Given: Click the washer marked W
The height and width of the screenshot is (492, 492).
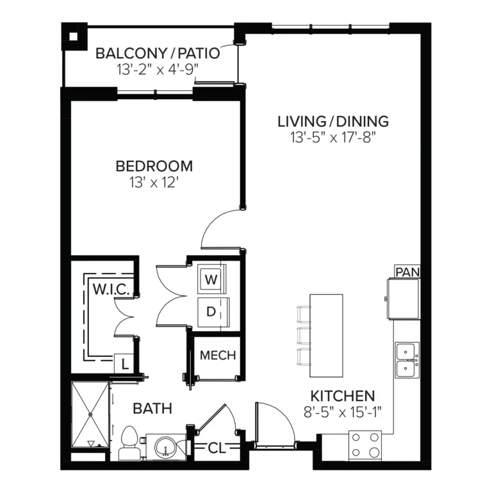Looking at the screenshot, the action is (211, 279).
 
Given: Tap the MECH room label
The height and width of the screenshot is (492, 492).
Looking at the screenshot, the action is (218, 355).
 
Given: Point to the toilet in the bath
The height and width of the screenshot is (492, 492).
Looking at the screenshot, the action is (129, 443).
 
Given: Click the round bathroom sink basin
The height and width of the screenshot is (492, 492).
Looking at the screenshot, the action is (165, 447).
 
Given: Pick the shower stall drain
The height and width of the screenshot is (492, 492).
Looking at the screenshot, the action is (90, 414).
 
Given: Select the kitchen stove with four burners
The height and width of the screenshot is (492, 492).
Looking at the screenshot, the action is (365, 446).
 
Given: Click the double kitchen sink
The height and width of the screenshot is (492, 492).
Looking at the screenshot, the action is (407, 360).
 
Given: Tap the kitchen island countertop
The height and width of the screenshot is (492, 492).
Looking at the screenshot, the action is (326, 336).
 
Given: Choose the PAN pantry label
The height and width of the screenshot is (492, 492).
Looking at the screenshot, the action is (407, 272).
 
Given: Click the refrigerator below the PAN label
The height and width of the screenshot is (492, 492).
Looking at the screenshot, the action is (404, 299).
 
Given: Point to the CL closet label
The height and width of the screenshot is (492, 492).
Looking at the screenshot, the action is (217, 448).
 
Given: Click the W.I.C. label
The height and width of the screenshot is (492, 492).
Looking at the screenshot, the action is (111, 289).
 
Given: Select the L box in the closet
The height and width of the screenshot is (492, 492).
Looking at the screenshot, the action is (124, 364).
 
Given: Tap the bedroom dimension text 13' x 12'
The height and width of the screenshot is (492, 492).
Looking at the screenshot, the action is (154, 183).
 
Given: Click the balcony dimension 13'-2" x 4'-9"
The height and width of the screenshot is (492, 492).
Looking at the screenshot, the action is (158, 69).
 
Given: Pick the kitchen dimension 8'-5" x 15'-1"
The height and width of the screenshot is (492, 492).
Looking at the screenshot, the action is (342, 412).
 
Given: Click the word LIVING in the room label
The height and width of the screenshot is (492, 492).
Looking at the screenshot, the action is (297, 122).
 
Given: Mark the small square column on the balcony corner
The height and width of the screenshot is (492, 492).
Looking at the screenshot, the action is (74, 37).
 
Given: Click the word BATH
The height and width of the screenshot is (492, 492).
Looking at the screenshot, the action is (152, 409).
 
